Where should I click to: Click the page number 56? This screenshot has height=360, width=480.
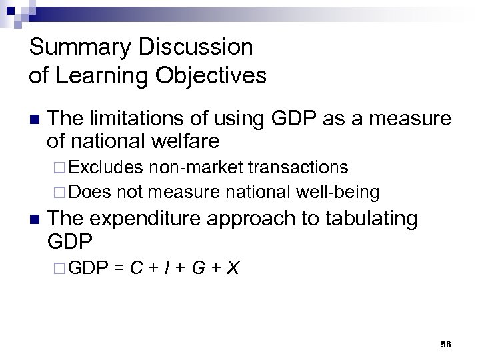445,344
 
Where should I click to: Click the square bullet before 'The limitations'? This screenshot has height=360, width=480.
34,120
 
